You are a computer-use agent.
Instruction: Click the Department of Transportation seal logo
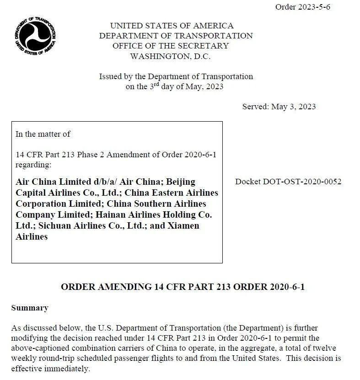35,36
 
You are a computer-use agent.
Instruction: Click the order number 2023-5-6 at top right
302,7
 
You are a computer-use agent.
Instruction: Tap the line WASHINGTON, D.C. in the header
170,56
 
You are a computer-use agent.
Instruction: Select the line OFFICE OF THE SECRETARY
170,46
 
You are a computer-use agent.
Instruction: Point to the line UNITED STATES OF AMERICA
172,26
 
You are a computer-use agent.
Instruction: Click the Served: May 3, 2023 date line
279,107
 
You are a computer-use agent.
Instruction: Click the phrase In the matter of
43,134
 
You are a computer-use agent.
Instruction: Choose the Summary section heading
29,308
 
